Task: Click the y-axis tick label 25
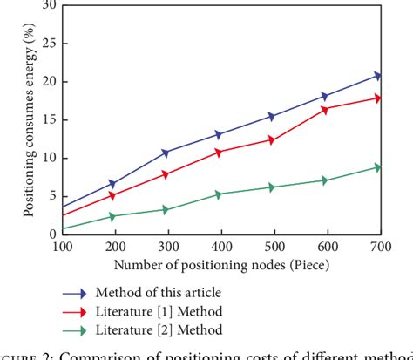(x=48, y=44)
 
